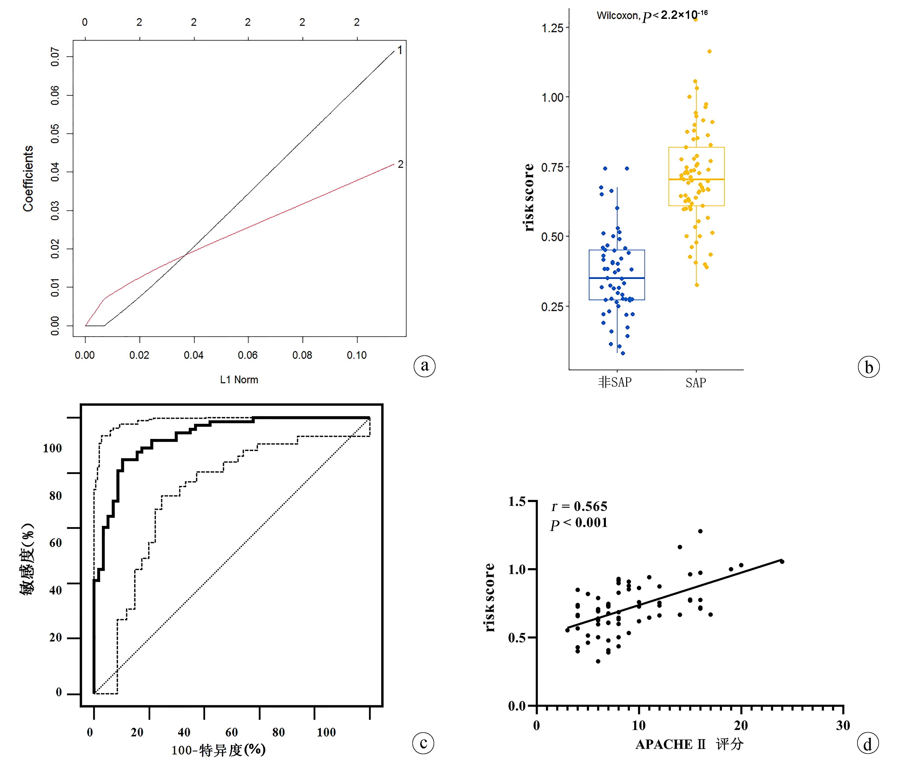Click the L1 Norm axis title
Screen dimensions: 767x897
click(239, 380)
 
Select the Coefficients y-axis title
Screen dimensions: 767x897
click(28, 179)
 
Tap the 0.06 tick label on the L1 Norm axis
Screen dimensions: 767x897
click(248, 355)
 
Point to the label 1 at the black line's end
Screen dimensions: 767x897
click(400, 50)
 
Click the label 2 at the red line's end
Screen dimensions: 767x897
click(400, 164)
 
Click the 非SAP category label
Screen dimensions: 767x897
click(615, 382)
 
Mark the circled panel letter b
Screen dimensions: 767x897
click(868, 367)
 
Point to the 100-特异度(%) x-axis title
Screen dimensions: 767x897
click(218, 750)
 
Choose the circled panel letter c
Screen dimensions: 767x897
click(423, 743)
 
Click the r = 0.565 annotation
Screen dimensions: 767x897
click(579, 506)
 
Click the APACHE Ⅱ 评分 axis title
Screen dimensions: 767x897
click(689, 744)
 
